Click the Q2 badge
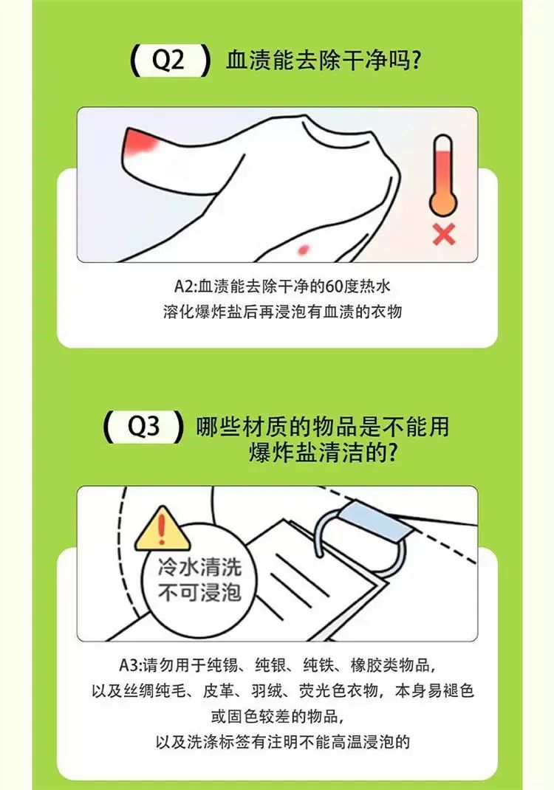tap(169, 61)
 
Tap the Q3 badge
tap(143, 427)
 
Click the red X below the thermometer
tap(444, 234)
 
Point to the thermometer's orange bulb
tap(442, 204)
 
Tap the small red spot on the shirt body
tap(304, 248)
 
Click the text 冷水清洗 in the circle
tap(199, 567)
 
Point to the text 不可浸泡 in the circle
tap(199, 592)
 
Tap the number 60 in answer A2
tap(334, 286)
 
